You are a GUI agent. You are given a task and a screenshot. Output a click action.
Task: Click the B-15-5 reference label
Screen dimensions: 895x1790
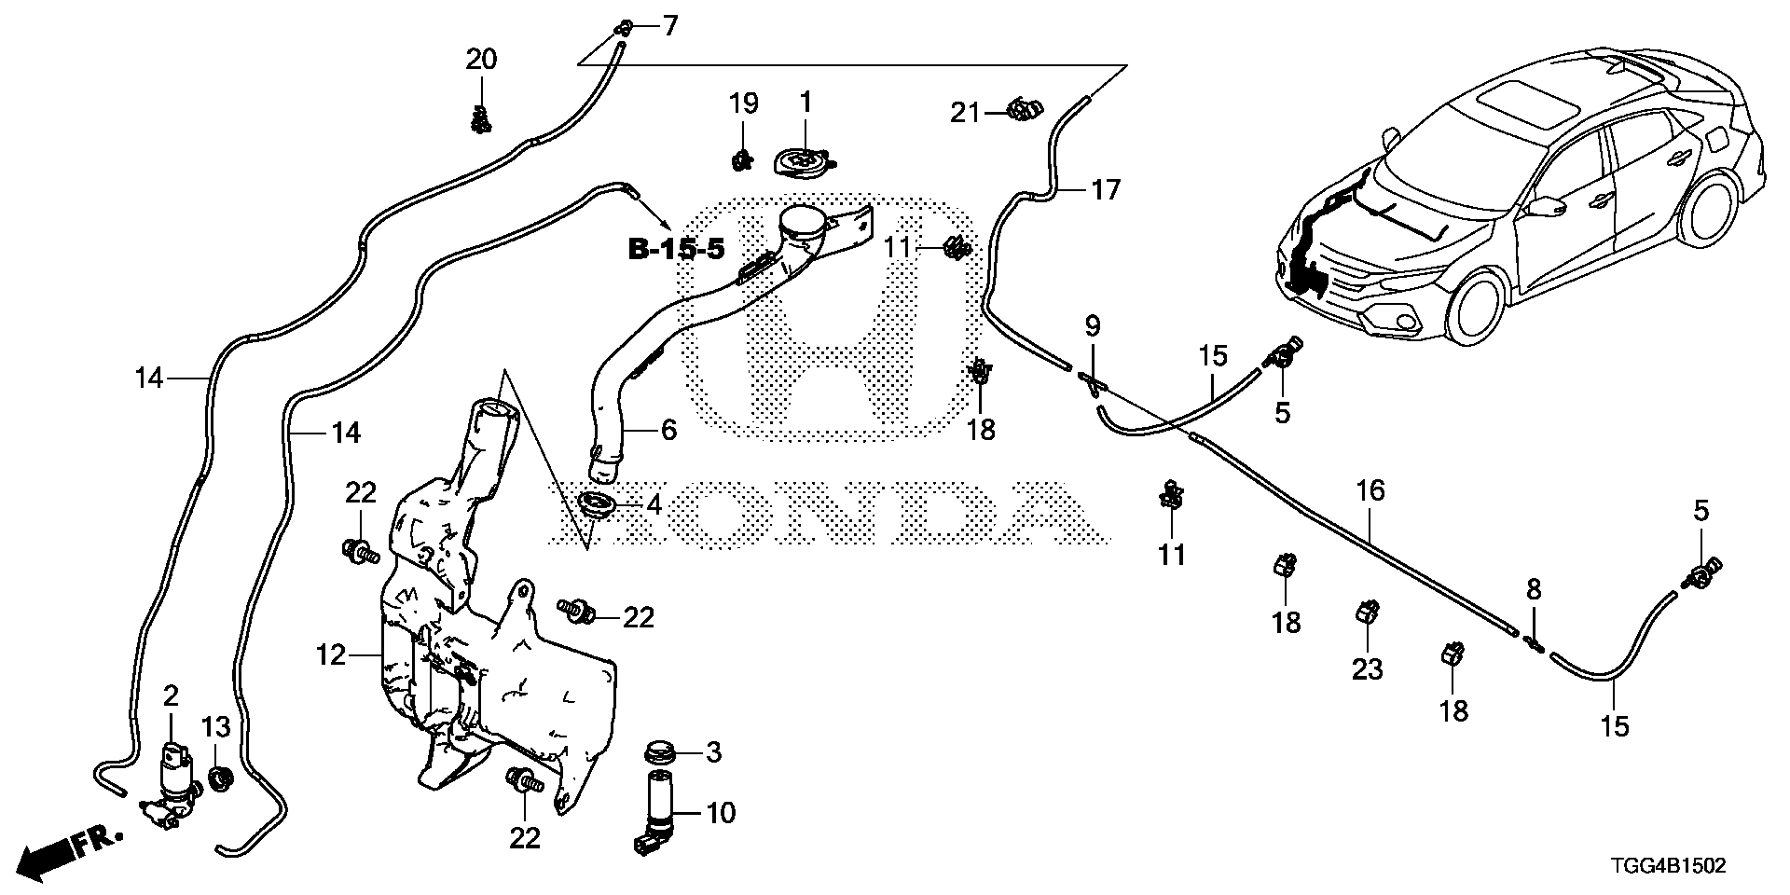tap(675, 250)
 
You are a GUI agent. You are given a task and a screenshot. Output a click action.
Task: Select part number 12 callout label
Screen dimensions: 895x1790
tap(330, 656)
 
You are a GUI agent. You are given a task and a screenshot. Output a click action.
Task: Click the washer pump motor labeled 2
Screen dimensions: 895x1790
tap(172, 773)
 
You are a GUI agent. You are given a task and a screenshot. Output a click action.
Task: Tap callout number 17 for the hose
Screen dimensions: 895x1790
tap(1105, 191)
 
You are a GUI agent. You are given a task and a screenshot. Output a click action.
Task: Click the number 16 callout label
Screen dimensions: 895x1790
tap(1370, 490)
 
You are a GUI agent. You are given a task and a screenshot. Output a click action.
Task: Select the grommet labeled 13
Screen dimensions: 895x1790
tap(221, 777)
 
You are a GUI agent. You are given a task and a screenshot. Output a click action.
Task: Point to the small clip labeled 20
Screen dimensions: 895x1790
tap(481, 118)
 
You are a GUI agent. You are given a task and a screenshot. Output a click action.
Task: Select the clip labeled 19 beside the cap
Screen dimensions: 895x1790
tap(742, 159)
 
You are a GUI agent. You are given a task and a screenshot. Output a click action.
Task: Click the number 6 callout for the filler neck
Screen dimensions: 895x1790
tap(668, 430)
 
